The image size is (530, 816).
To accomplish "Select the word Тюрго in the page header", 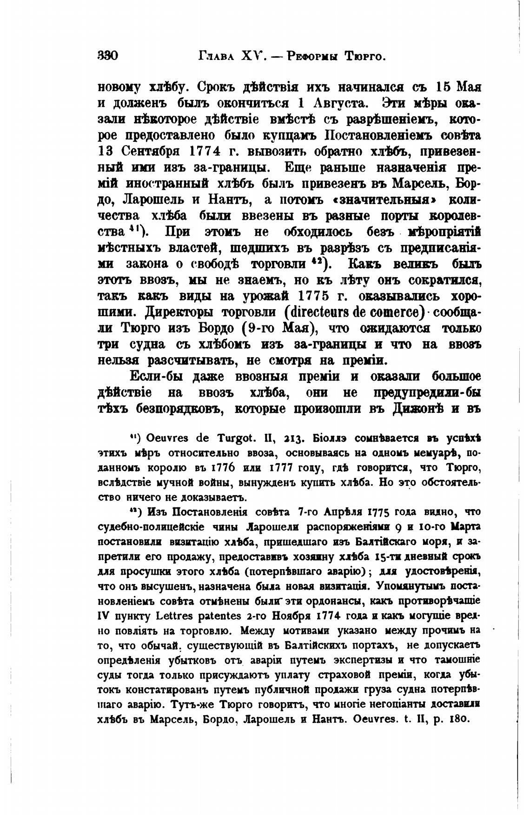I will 365,57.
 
